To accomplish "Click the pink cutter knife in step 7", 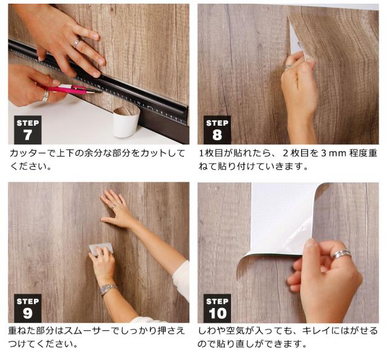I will pyautogui.click(x=68, y=89).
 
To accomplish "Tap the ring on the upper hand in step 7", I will pyautogui.click(x=76, y=43).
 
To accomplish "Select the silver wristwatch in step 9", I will pyautogui.click(x=108, y=289).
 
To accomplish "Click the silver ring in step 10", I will pyautogui.click(x=341, y=254).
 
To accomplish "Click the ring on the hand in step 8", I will pyautogui.click(x=288, y=66).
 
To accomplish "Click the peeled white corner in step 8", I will pyautogui.click(x=295, y=40).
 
